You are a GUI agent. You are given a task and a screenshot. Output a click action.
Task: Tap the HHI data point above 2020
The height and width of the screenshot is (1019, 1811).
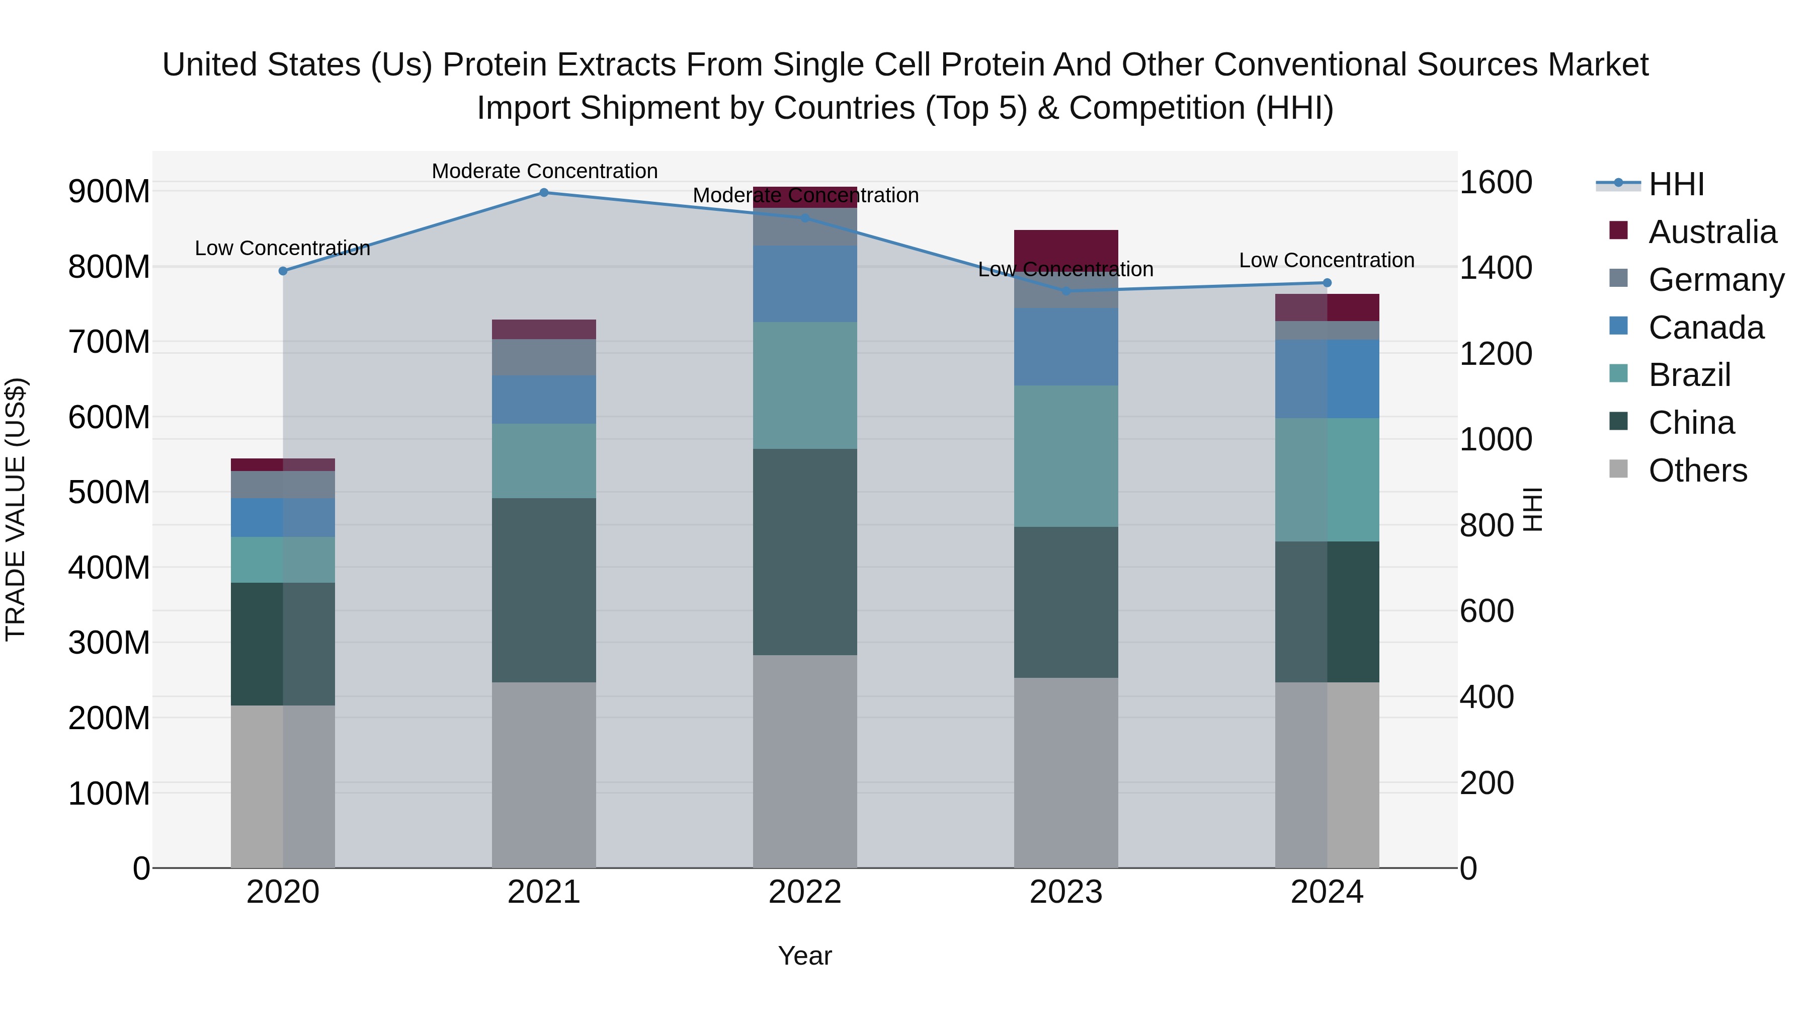[283, 271]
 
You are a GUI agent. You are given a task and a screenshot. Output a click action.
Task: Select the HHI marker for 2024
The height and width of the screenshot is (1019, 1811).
[1327, 283]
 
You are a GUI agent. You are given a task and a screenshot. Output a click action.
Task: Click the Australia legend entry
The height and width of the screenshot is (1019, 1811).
[1712, 232]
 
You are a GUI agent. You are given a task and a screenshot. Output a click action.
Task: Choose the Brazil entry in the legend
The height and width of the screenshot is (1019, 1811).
[1689, 375]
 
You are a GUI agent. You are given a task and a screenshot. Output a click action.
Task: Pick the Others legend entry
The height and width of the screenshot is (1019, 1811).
[1697, 471]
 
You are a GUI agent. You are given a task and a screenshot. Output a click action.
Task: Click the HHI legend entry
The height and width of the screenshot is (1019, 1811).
[1676, 184]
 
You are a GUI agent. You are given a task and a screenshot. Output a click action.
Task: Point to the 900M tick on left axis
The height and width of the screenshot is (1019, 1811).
[109, 191]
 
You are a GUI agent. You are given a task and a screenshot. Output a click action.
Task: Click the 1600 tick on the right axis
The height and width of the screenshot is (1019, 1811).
[1496, 183]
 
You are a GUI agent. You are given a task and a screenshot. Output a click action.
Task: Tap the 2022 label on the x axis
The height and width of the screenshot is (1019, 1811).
[805, 892]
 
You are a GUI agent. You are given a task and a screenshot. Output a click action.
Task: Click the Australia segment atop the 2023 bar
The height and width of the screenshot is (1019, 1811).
[1066, 246]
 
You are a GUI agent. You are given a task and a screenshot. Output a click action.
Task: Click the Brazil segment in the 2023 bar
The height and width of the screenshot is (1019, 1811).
[1066, 456]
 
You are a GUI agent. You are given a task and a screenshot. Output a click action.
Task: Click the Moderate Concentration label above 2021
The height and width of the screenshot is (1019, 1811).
[544, 171]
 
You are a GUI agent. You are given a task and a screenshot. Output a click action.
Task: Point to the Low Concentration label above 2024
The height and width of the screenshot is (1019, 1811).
[1326, 260]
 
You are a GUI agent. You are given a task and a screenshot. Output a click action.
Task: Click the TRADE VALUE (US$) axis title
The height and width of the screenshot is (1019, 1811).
[16, 509]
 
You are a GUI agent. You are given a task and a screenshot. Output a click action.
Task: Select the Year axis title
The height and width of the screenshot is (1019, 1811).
[804, 956]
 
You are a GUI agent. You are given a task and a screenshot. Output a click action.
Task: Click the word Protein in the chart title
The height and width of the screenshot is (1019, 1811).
[493, 65]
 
